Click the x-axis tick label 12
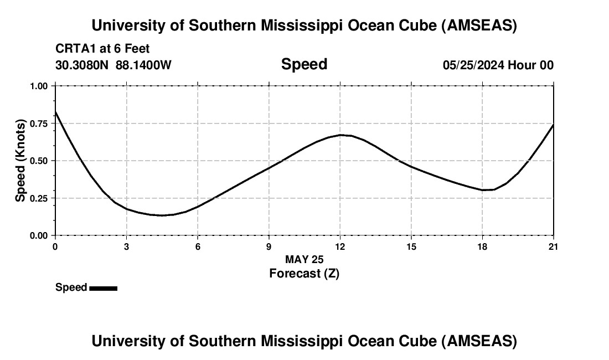pos(340,246)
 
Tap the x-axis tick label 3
pos(126,246)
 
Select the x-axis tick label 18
pos(482,246)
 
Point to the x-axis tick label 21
pos(554,246)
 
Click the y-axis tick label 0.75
pos(38,124)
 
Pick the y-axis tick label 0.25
pos(38,198)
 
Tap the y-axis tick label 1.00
pos(38,86)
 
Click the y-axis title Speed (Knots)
pos(20,161)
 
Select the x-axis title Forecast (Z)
pos(304,273)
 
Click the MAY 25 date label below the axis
pos(304,259)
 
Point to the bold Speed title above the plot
pos(304,64)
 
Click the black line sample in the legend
pos(103,288)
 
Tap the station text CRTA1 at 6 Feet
pos(102,49)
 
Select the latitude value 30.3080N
pos(83,65)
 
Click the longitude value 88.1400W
pos(143,65)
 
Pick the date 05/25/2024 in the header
pos(473,65)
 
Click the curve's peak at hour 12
pos(341,135)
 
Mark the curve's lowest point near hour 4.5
pos(162,215)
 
